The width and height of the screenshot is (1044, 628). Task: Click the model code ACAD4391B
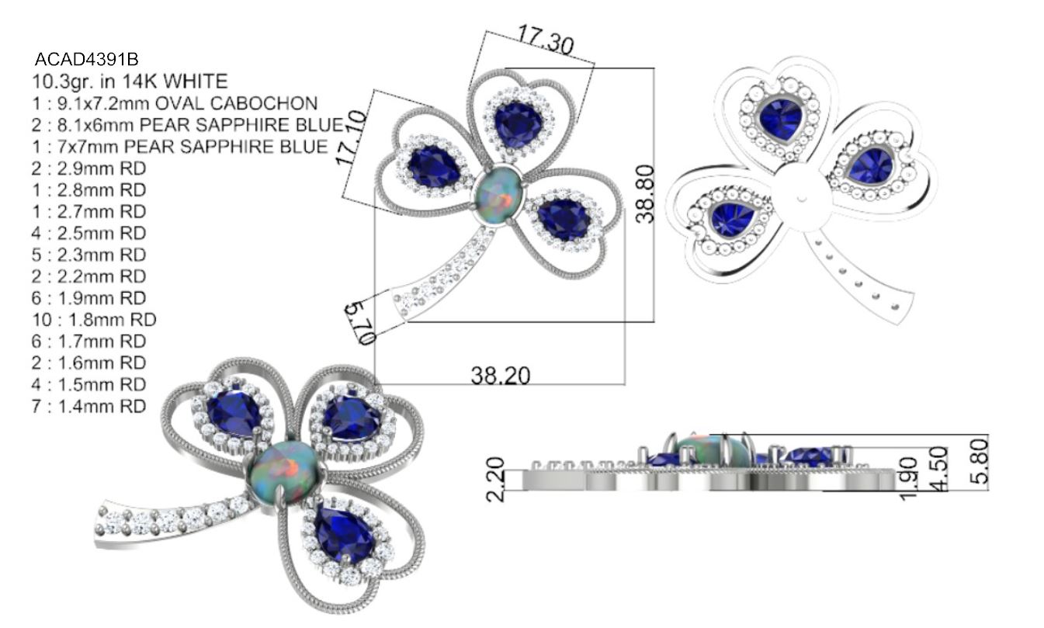(87, 60)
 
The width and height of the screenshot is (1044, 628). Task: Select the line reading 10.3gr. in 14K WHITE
(130, 82)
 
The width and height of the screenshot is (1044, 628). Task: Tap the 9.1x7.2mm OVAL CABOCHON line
(175, 103)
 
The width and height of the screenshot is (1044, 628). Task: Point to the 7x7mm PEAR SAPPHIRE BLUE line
(180, 147)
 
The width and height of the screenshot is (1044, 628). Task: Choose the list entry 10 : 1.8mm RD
(94, 320)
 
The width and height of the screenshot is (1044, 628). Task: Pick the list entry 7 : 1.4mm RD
(89, 407)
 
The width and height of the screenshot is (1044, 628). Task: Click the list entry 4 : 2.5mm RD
(89, 233)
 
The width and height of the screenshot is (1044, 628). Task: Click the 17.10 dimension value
(351, 137)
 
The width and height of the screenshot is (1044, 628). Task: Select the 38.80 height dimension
(645, 194)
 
